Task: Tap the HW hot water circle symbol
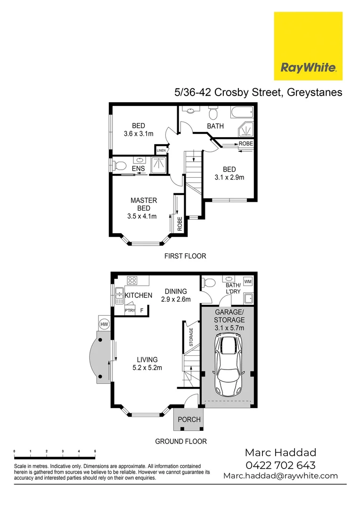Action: (x=104, y=324)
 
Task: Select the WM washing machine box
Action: (x=248, y=282)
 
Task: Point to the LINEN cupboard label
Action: (x=162, y=150)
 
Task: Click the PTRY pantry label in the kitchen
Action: (x=130, y=311)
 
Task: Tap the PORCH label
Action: (x=189, y=419)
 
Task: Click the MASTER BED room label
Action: (x=144, y=204)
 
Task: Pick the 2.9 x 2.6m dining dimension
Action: (x=175, y=299)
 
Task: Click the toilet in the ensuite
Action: (x=120, y=166)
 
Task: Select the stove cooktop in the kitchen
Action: (x=132, y=281)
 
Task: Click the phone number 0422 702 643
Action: (x=280, y=465)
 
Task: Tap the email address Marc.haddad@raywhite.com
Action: (x=280, y=476)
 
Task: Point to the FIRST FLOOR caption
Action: (x=185, y=256)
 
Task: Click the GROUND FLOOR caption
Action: (x=181, y=442)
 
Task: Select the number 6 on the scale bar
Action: (x=95, y=452)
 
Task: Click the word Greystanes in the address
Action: (x=313, y=92)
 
